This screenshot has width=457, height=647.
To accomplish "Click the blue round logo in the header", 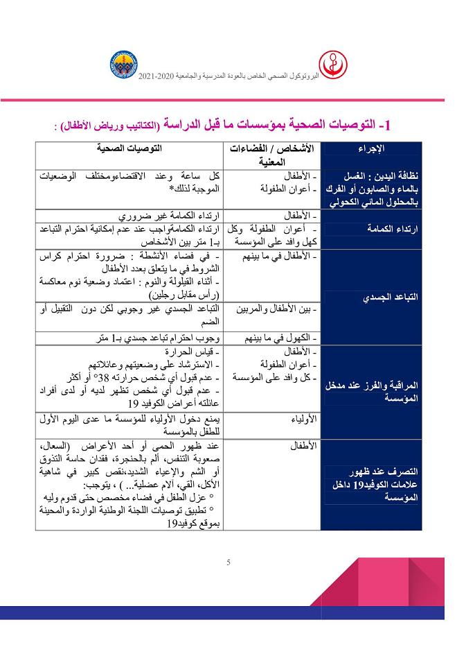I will (x=123, y=64).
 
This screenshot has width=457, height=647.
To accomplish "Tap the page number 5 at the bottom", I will (x=228, y=562).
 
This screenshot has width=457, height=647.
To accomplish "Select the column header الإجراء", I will (x=373, y=148).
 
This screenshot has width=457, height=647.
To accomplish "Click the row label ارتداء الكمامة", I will (x=373, y=227).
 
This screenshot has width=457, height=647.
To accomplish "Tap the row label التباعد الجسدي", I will (x=373, y=297).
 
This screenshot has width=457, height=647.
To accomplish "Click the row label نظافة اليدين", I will (x=373, y=189).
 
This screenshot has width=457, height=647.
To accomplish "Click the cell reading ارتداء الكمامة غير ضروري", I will (x=170, y=216).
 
